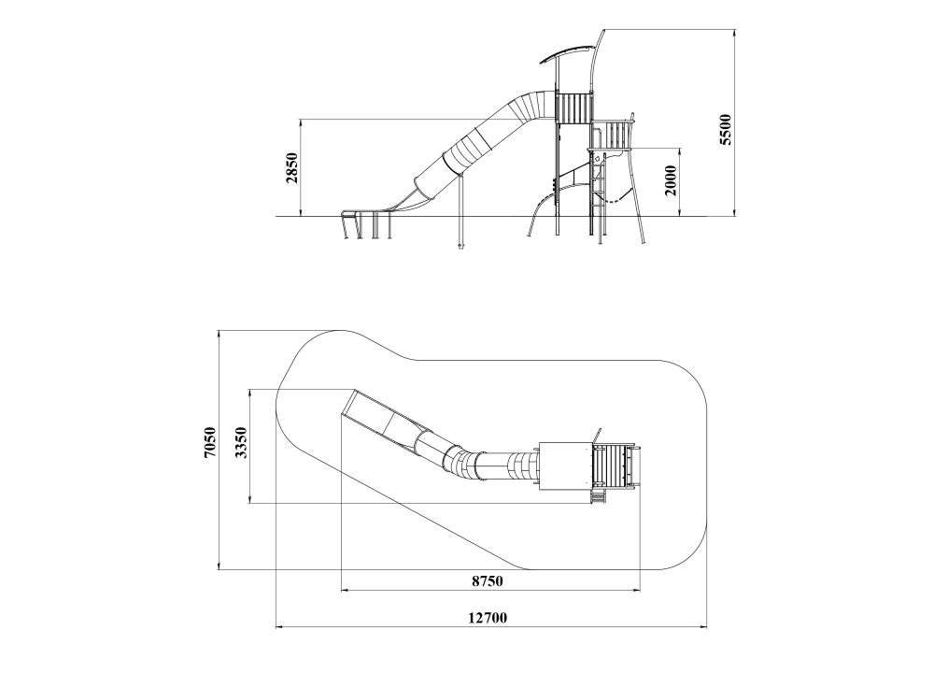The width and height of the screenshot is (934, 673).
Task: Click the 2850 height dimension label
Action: (291, 167)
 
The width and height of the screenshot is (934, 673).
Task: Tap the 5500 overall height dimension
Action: (726, 129)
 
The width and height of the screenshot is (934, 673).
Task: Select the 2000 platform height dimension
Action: (671, 180)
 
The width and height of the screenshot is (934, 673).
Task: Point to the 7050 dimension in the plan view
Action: (209, 442)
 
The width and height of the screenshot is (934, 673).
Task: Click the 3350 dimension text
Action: (241, 442)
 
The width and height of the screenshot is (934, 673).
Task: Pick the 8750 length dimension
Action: (488, 580)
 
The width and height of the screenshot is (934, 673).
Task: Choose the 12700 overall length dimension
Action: (488, 618)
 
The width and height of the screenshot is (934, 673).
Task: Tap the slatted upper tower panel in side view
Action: (574, 107)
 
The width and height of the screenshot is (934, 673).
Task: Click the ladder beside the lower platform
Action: (598, 190)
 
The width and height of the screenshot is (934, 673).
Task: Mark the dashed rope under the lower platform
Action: (616, 197)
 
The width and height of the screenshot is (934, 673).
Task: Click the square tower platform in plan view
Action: (565, 466)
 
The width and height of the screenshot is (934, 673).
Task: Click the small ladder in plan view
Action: (598, 496)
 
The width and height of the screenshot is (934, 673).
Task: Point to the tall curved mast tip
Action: (603, 30)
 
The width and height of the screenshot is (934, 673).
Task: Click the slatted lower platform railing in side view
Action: (611, 135)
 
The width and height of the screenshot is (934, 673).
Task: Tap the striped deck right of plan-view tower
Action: (615, 466)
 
